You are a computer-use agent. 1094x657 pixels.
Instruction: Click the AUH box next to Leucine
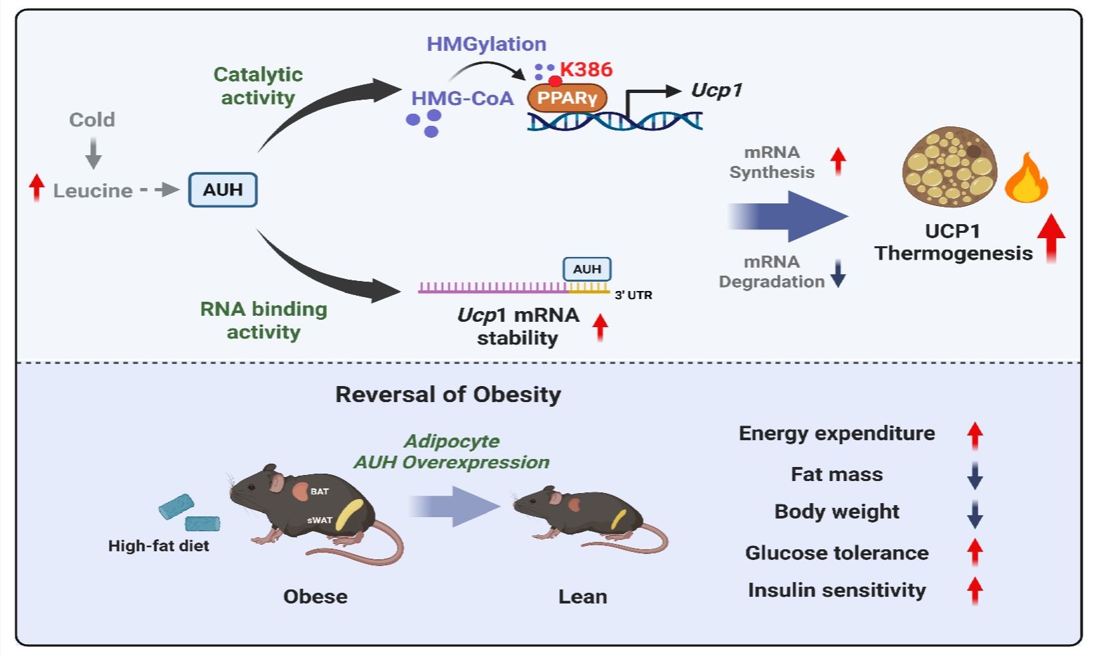click(223, 190)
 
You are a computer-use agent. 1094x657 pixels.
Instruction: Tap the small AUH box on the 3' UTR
click(586, 269)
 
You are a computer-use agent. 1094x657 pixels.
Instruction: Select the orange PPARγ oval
click(567, 98)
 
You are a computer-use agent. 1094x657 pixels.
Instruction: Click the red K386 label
click(586, 70)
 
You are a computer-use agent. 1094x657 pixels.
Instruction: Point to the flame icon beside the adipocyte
click(1026, 179)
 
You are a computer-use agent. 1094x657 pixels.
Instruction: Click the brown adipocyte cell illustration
click(950, 167)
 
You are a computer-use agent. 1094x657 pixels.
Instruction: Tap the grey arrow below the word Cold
click(94, 153)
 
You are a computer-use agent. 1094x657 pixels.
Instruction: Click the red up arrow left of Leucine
click(37, 187)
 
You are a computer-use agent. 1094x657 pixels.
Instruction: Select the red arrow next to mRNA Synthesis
click(838, 161)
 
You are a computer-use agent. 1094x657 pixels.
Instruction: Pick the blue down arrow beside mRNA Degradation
click(838, 273)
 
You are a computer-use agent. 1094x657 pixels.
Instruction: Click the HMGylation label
click(486, 44)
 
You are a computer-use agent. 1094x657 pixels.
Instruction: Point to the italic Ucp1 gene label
click(716, 90)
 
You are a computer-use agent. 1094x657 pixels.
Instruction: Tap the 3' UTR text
click(633, 295)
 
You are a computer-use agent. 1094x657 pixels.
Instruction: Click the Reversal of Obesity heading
click(448, 394)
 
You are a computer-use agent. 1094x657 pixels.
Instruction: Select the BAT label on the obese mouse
click(320, 491)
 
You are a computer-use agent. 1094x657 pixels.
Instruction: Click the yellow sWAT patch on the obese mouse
click(349, 514)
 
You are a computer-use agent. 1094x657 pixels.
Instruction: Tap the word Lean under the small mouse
click(582, 596)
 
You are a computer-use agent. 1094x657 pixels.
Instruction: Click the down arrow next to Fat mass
click(974, 475)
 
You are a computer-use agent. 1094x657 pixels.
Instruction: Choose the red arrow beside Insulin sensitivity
click(974, 590)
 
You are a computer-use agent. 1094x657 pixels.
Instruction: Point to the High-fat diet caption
click(158, 546)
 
